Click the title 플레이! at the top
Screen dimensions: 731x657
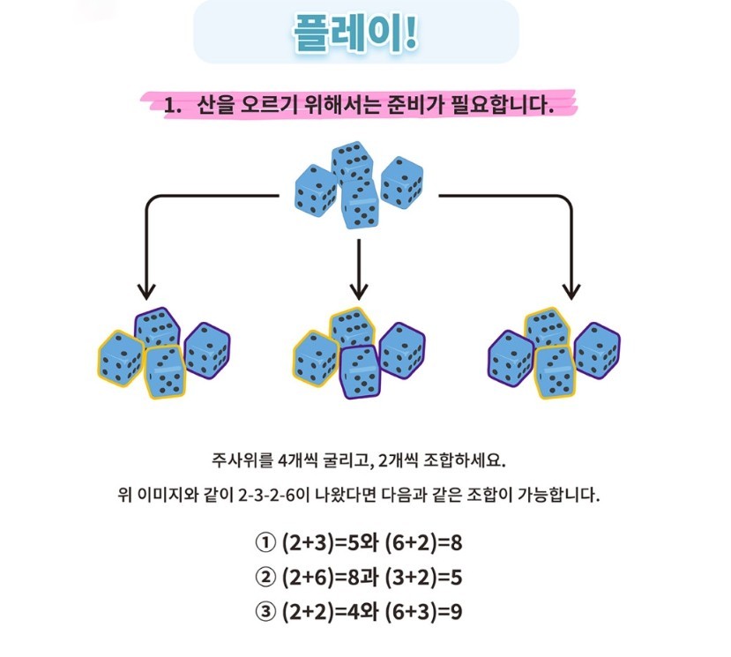[x=355, y=34]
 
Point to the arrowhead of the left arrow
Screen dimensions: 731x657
[x=146, y=291]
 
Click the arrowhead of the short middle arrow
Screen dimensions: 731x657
[x=359, y=291]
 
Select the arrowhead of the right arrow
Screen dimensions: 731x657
[x=571, y=291]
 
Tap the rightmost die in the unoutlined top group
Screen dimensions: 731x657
[x=402, y=183]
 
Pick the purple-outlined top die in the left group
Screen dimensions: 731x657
[x=158, y=327]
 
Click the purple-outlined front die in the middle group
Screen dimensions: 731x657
[x=360, y=372]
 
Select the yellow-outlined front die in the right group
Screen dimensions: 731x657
[x=555, y=372]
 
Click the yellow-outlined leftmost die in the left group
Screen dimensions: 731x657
[x=121, y=358]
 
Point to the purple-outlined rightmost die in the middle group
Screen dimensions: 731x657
[x=402, y=350]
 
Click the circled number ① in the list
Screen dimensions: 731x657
[x=265, y=543]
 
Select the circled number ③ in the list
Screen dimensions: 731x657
[x=265, y=612]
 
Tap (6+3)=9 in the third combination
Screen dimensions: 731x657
[x=424, y=612]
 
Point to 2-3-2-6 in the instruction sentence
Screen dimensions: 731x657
[x=266, y=495]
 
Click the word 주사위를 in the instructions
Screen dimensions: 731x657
[x=242, y=460]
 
